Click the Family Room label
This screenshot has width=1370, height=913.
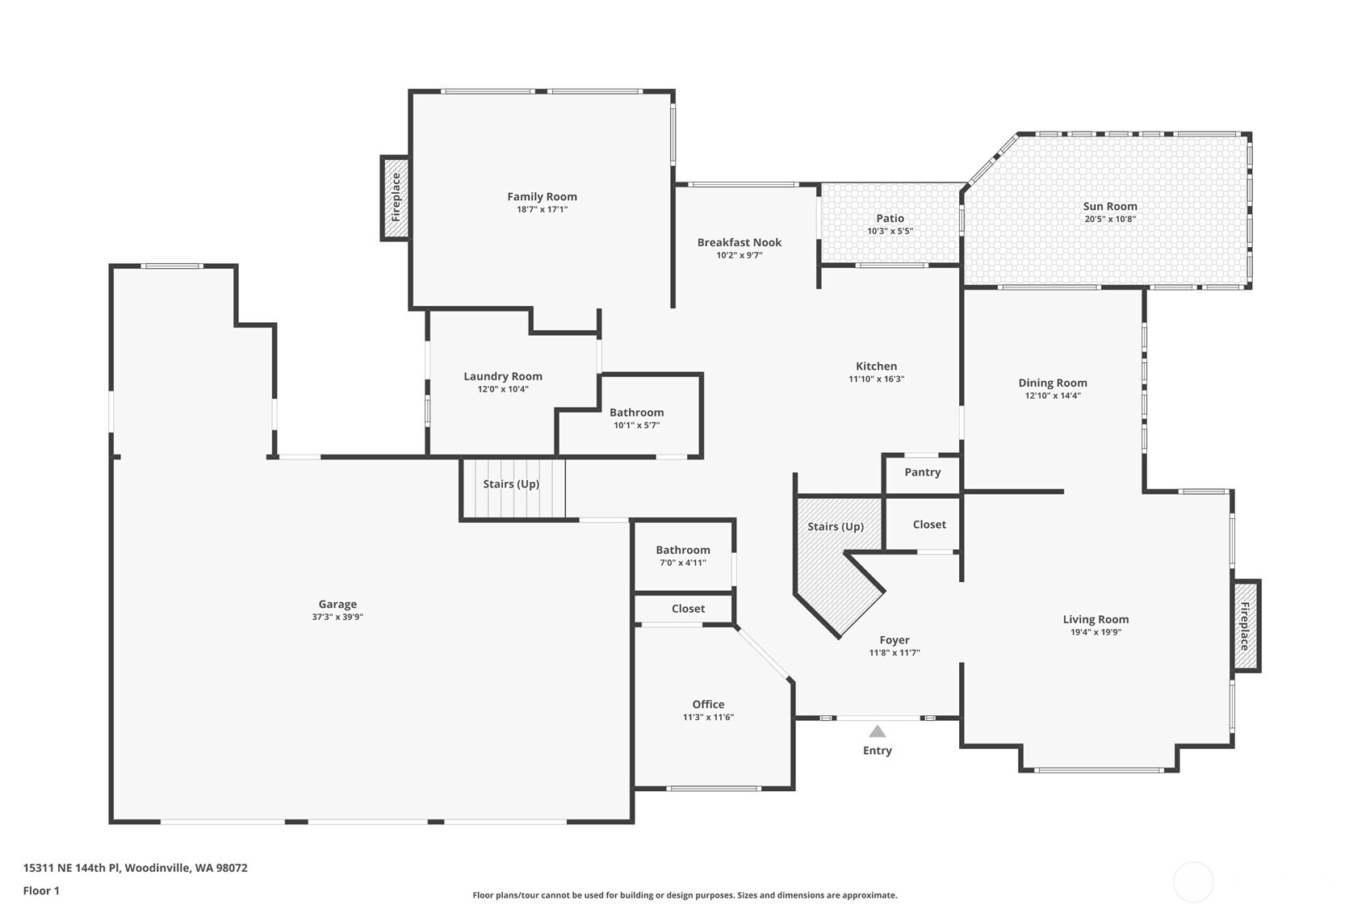[542, 196]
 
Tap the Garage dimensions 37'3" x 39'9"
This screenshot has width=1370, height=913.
[337, 617]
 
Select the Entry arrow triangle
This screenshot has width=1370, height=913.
[877, 731]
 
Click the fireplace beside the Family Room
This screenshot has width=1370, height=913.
[396, 198]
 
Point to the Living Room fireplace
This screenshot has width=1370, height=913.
[1246, 626]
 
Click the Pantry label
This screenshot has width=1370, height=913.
[922, 472]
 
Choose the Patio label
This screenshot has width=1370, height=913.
[890, 218]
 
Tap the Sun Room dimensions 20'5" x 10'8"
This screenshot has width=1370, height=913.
[1110, 219]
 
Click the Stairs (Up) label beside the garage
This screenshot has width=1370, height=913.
[511, 484]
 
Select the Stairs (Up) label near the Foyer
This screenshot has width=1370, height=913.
[836, 526]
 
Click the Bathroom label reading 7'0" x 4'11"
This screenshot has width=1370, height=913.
[683, 550]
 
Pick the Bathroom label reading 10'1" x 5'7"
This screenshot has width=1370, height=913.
[636, 413]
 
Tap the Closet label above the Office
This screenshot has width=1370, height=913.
[688, 609]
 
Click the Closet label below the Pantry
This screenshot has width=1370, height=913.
[929, 524]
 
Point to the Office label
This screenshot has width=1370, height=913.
[708, 704]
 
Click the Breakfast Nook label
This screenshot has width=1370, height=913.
[739, 242]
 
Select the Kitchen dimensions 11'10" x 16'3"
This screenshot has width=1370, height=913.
[876, 379]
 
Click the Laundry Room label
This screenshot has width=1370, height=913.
[502, 376]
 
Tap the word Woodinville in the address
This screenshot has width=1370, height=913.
[157, 868]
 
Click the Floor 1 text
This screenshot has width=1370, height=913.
[41, 890]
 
